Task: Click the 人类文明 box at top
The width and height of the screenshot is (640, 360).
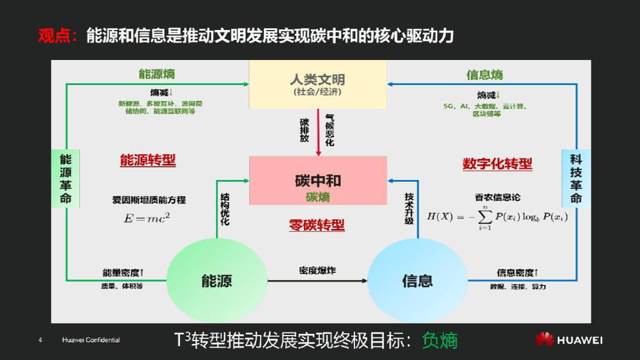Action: pos(318,84)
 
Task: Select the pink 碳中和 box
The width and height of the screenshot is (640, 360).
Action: pos(318,181)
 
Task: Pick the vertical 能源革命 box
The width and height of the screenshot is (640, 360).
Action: pos(66,178)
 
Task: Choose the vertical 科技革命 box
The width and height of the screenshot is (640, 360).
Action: pos(576,178)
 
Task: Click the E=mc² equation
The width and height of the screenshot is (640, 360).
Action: pos(147,218)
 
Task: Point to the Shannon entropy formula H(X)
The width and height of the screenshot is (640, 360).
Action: pos(497,216)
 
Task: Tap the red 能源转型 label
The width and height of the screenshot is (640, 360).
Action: pos(147,161)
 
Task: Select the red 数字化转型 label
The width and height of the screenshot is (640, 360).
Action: pos(497,164)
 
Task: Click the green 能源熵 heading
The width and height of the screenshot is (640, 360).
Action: pos(156,74)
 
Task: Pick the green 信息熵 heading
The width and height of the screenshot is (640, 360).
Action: pos(484,75)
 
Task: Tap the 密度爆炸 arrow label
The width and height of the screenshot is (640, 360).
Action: pos(317,271)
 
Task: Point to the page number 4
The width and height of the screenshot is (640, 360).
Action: pos(41,340)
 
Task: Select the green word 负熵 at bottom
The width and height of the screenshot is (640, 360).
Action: pos(440,340)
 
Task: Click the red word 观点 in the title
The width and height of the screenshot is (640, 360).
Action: pos(54,36)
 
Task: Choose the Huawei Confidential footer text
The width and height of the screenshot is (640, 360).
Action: pos(91,340)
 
